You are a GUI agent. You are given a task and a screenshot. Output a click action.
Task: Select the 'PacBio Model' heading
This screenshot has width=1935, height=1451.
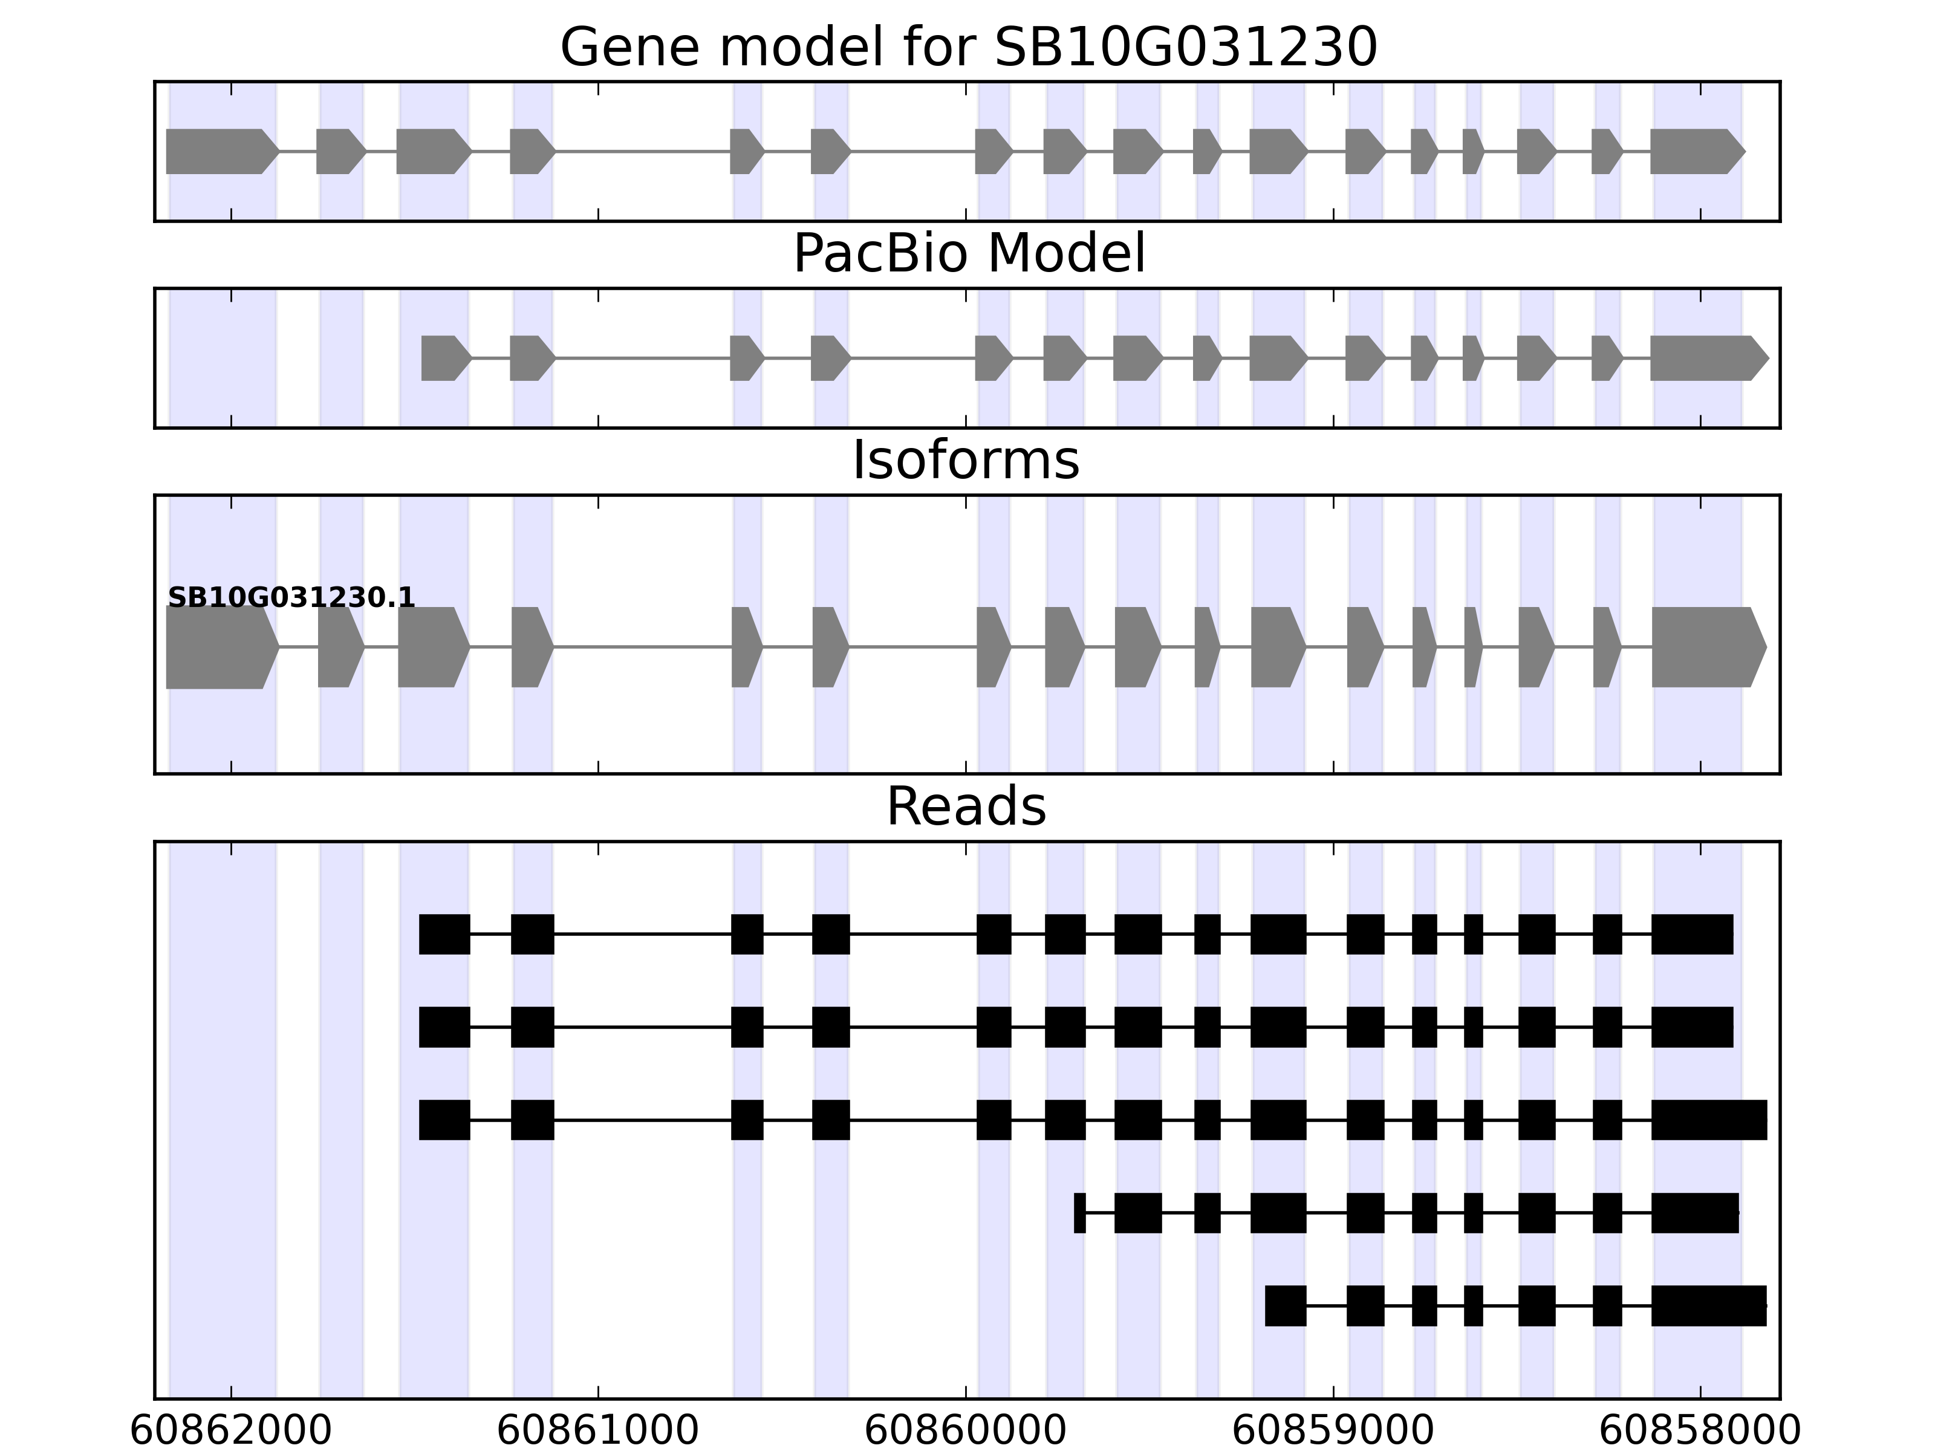point(968,254)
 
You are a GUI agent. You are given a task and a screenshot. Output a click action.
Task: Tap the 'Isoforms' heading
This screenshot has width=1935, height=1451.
point(966,460)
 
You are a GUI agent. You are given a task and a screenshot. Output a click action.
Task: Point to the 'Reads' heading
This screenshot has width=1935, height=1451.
point(966,807)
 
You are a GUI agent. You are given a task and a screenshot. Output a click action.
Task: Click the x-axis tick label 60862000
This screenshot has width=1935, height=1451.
point(231,1431)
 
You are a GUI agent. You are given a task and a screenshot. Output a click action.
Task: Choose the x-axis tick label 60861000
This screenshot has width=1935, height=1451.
point(599,1431)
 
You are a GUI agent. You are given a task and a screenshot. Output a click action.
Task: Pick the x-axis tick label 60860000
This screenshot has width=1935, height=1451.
point(966,1431)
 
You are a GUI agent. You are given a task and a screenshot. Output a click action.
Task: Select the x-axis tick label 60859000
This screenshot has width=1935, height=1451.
point(1333,1431)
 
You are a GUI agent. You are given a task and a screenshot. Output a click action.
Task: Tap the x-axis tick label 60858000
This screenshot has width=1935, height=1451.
point(1700,1431)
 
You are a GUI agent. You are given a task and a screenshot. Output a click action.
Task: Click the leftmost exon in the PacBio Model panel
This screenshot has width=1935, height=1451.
point(444,358)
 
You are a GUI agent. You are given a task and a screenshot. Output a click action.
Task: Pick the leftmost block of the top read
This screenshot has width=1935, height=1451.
point(444,934)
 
